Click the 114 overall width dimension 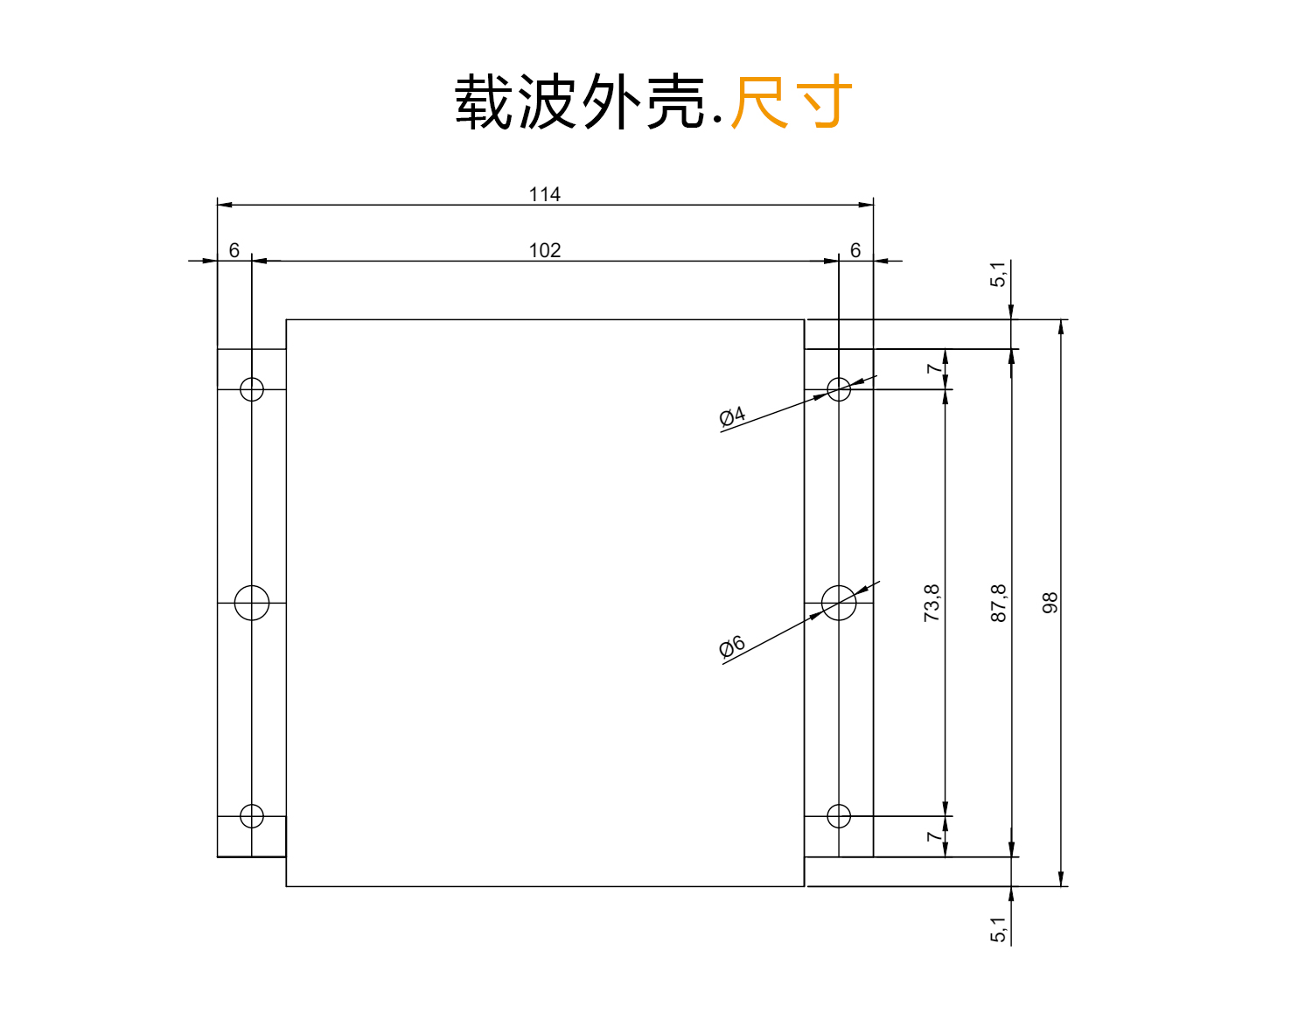(544, 194)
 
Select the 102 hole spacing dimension (544, 251)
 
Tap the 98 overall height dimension (1050, 603)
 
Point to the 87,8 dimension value (999, 603)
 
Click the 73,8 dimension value (932, 603)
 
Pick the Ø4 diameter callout (732, 416)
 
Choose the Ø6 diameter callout (732, 646)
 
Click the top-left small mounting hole (252, 389)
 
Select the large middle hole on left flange (252, 603)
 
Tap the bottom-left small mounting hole (252, 816)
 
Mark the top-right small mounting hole (839, 389)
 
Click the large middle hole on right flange (840, 603)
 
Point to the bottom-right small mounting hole (839, 816)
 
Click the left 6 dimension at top (234, 251)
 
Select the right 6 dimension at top (855, 251)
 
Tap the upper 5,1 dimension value (999, 275)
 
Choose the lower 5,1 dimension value (999, 930)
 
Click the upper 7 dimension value (933, 369)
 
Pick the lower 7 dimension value (933, 837)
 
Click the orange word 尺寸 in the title (791, 102)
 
